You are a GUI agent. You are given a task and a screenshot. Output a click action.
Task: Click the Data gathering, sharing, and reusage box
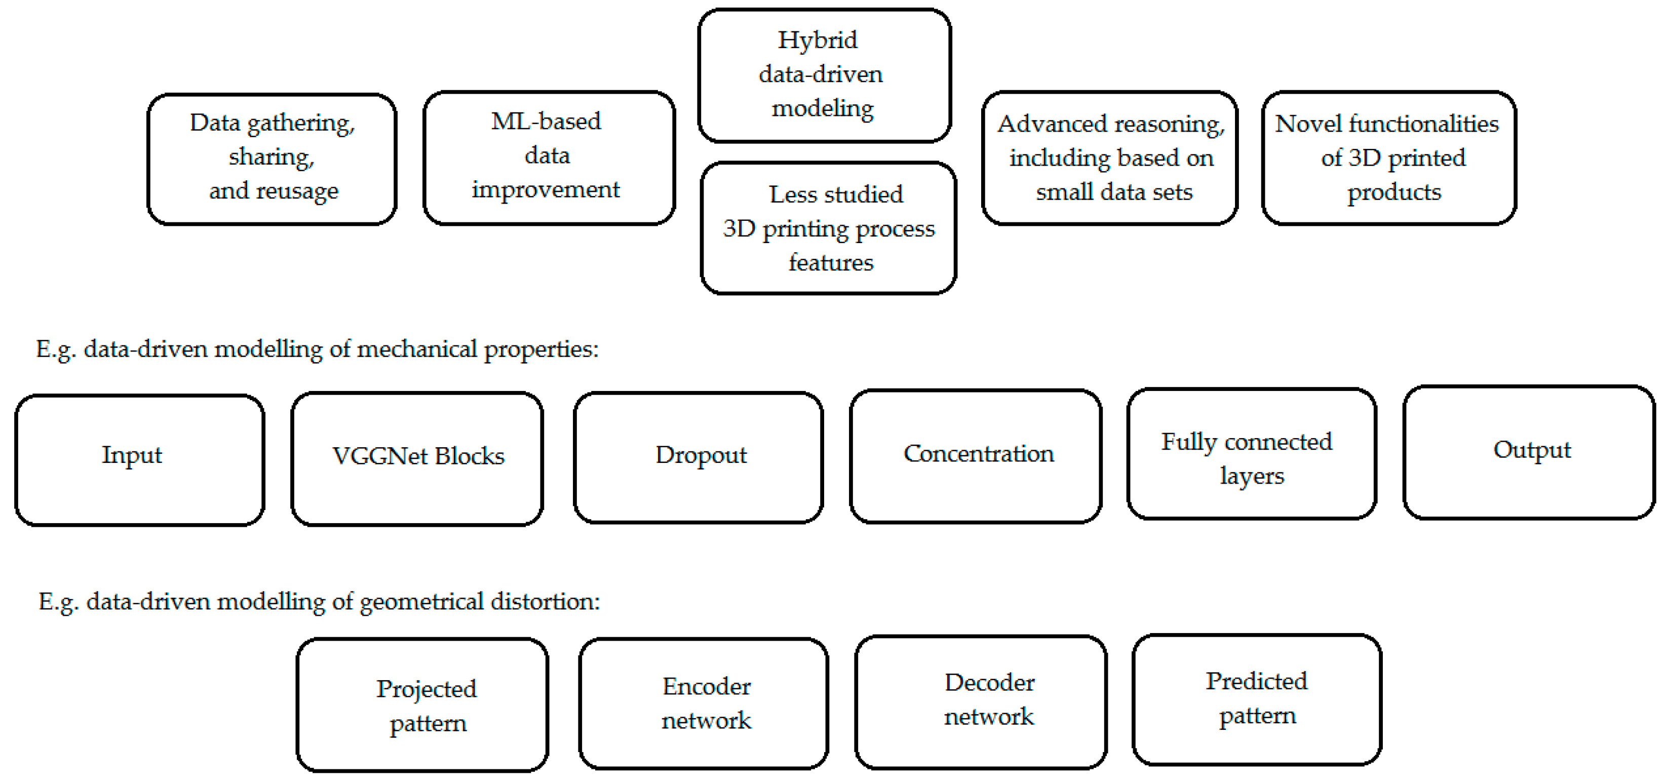(272, 159)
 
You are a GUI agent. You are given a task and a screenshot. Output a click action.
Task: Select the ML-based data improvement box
(549, 157)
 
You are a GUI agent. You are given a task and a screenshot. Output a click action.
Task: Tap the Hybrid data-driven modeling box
(824, 75)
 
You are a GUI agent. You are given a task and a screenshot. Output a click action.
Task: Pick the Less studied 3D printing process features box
(828, 227)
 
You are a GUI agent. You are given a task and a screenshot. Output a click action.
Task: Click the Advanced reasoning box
(1109, 158)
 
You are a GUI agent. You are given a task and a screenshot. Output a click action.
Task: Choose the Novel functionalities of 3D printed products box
(1388, 158)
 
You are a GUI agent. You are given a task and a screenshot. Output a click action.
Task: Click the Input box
(140, 459)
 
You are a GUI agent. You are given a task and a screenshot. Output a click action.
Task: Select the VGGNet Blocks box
(417, 458)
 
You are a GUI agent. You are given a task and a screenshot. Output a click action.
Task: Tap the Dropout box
(698, 456)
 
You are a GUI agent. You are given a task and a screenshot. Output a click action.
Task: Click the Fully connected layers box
(1251, 454)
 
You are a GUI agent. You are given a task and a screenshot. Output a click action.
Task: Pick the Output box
(1529, 452)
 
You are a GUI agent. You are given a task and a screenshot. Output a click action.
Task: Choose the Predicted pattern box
(1257, 699)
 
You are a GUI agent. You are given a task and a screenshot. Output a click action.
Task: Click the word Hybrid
(817, 40)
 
